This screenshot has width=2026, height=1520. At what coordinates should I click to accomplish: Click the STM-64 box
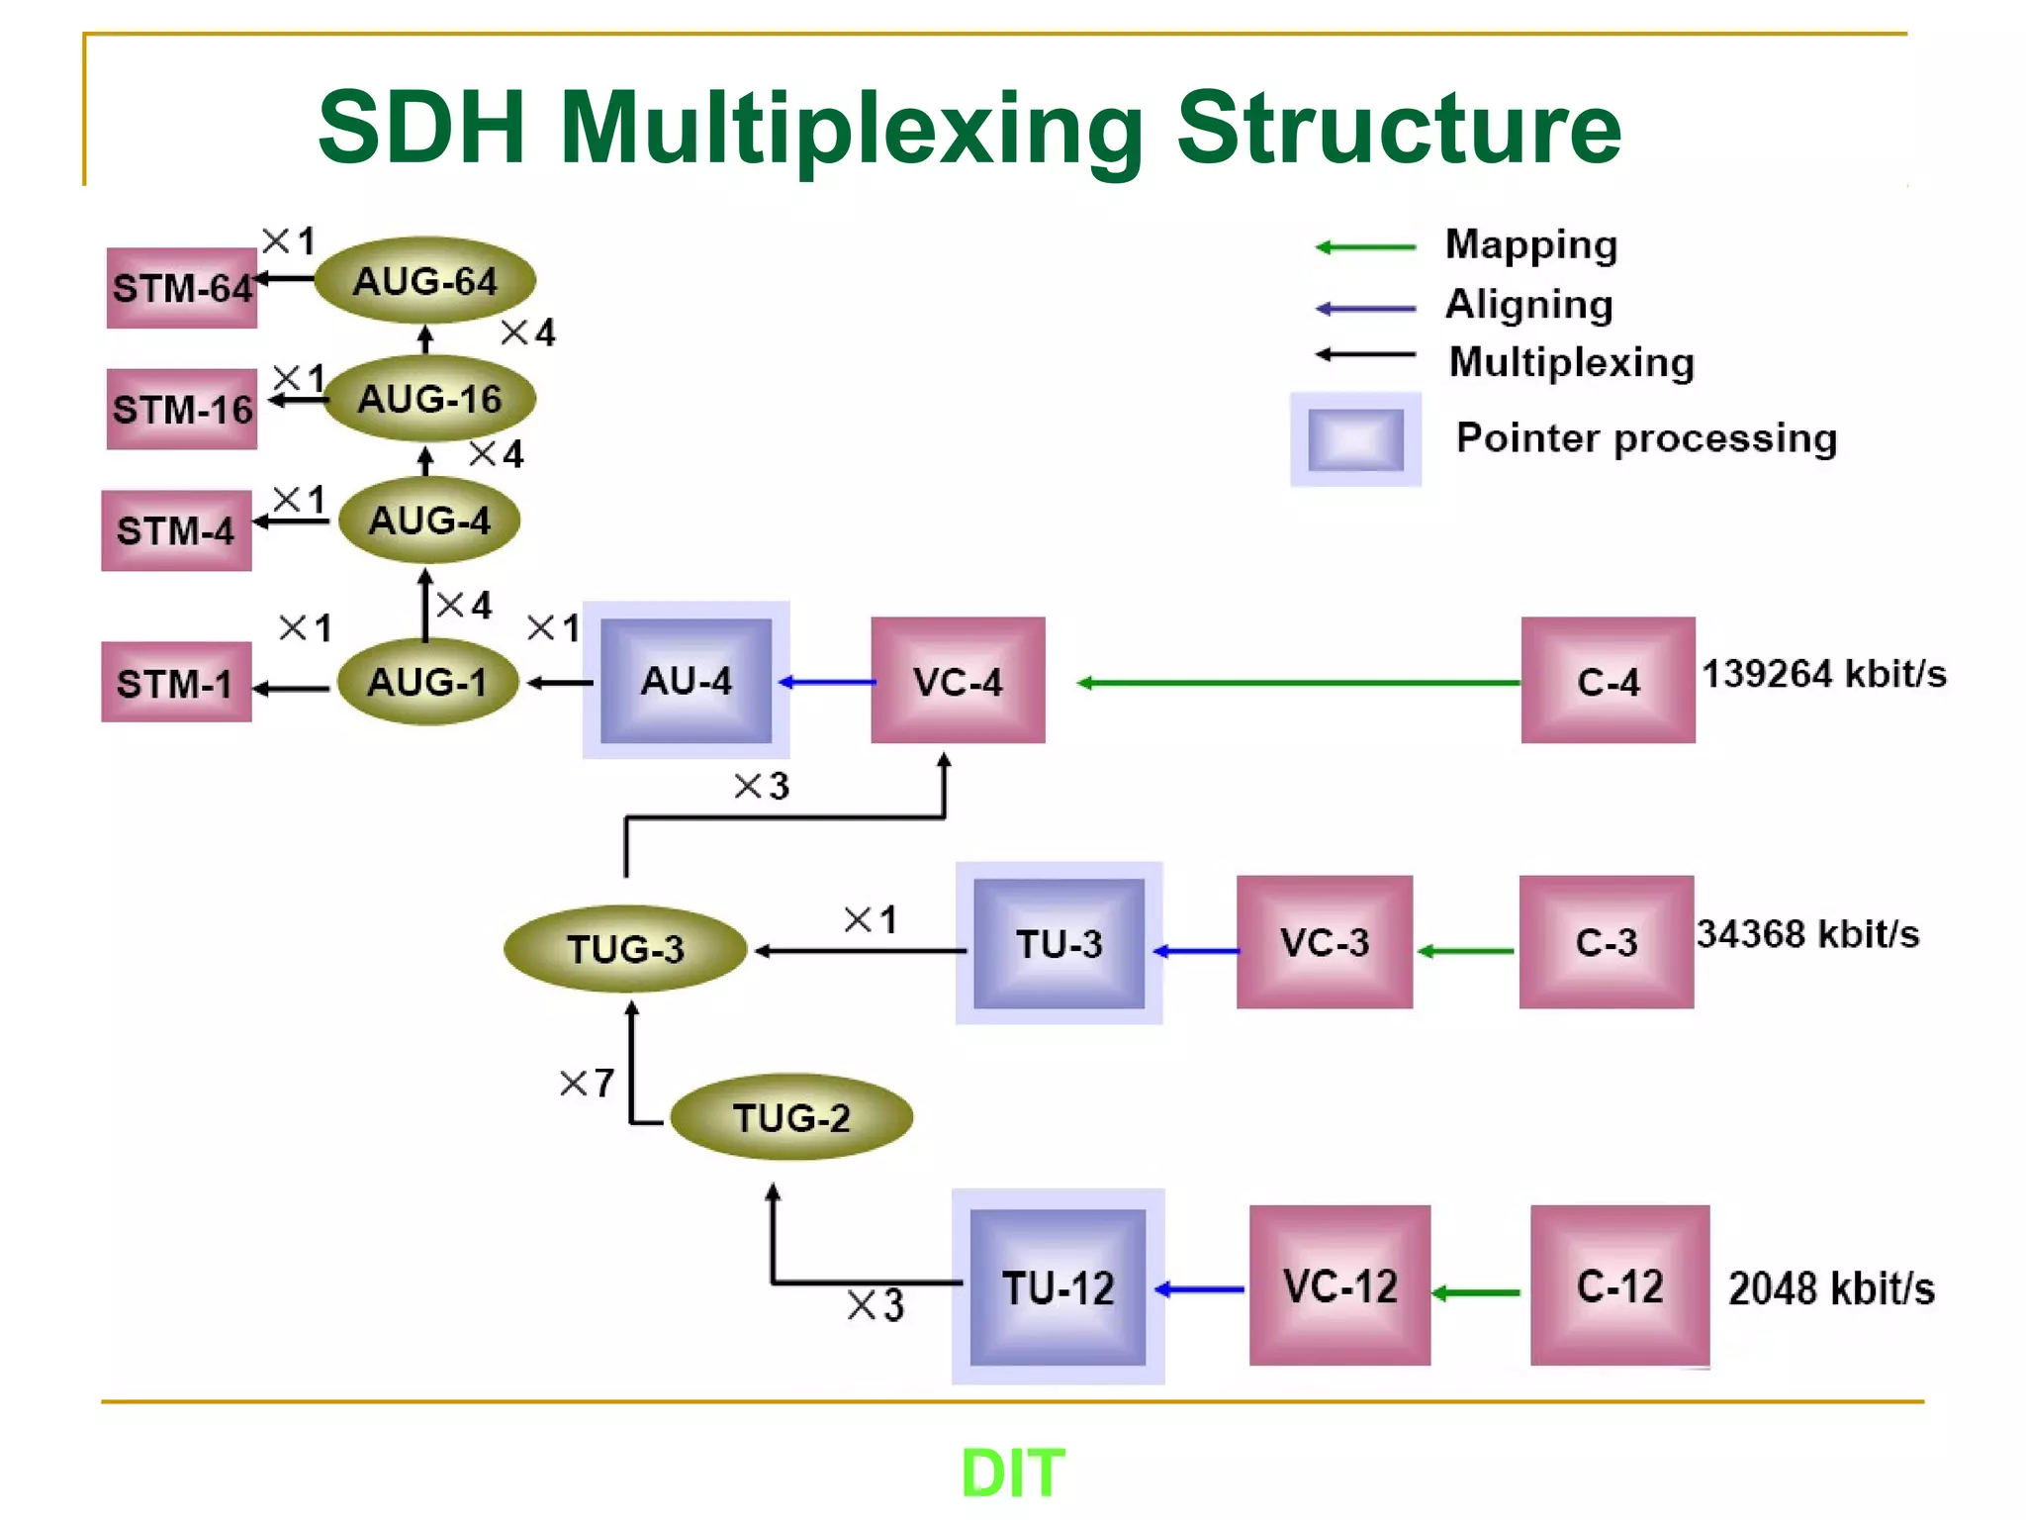pos(182,288)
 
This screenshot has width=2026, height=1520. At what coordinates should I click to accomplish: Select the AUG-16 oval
pos(429,399)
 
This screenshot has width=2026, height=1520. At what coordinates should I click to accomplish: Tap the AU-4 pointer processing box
pos(686,681)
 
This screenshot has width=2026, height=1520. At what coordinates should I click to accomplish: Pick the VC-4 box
pos(958,681)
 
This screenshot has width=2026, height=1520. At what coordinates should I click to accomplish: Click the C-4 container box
pos(1608,681)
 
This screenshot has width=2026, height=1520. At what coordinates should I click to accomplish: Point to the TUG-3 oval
pos(625,949)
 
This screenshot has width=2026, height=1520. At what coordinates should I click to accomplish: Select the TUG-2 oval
pos(791,1117)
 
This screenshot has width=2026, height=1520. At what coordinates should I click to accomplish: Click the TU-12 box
pos(1058,1287)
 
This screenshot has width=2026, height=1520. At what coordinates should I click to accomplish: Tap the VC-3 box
pos(1324,942)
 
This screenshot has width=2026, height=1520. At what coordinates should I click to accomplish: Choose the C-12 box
pos(1619,1286)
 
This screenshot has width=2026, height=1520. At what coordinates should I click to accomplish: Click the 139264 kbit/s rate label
pos(1823,674)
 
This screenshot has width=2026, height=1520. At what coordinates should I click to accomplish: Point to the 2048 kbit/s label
pos(1830,1288)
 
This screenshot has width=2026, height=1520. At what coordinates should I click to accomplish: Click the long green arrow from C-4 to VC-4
pos(1296,683)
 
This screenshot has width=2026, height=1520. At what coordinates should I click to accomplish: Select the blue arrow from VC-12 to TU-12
pos(1199,1289)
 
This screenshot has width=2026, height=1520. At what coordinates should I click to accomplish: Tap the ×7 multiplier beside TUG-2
pos(587,1083)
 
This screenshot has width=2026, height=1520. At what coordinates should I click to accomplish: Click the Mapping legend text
pos(1530,244)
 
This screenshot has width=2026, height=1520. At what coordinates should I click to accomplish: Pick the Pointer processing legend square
pos(1355,439)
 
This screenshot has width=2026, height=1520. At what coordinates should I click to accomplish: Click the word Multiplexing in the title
pos(852,129)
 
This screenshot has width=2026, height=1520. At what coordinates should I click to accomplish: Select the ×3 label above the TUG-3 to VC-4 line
pos(762,787)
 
